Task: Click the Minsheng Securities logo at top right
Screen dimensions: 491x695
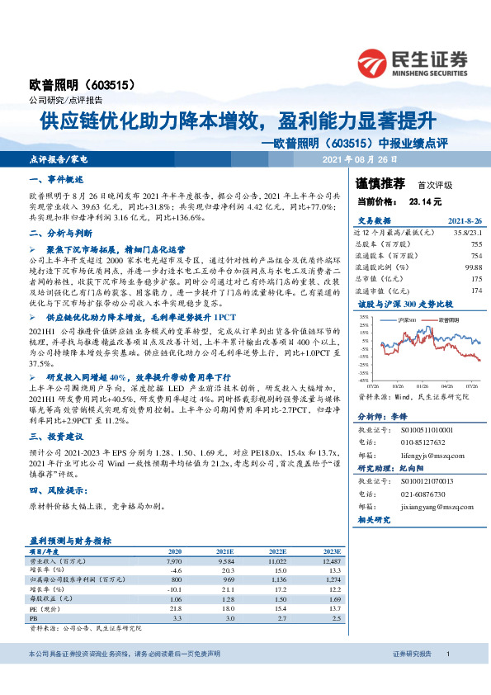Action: (412, 60)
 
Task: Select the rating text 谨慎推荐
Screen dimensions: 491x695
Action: (380, 184)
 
